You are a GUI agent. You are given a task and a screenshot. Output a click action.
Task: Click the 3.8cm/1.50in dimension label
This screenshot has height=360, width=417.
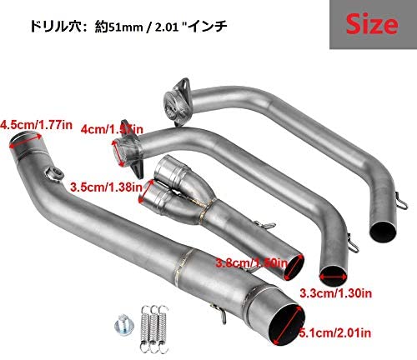(255, 262)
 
